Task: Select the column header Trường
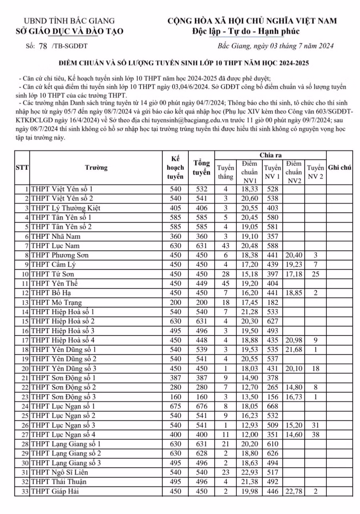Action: (x=96, y=168)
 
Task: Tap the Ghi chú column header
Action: (x=339, y=168)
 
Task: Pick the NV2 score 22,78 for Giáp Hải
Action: (x=294, y=491)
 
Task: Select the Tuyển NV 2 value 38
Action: (x=315, y=434)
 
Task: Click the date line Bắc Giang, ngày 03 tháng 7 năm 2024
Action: (x=276, y=46)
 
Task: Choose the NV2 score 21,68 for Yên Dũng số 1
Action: (x=294, y=349)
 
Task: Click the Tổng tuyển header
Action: (x=202, y=168)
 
